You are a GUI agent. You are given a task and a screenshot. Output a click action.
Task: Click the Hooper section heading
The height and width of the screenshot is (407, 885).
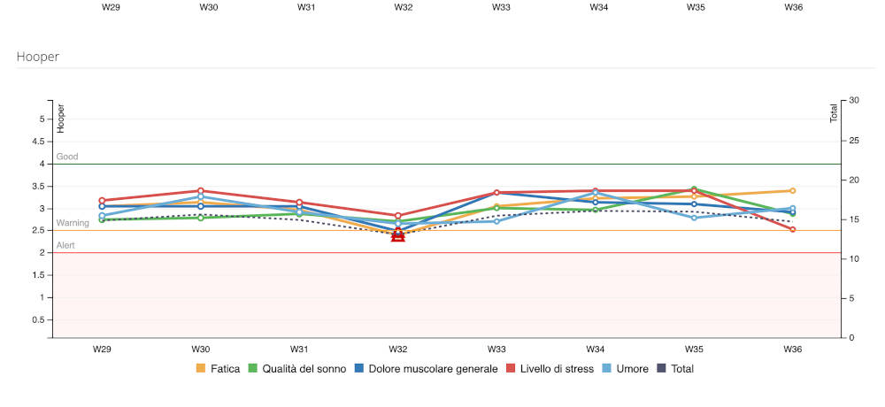pos(37,56)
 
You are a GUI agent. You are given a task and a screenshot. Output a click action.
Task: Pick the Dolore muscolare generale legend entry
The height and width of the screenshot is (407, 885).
pos(426,368)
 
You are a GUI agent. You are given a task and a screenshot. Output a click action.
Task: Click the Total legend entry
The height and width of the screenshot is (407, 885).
pos(675,368)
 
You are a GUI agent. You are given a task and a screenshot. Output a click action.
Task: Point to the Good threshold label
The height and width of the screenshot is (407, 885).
pos(67,157)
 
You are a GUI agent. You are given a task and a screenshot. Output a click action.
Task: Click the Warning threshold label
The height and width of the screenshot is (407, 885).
pos(73,223)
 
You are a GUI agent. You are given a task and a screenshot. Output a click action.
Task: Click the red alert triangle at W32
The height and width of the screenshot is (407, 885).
pos(398,235)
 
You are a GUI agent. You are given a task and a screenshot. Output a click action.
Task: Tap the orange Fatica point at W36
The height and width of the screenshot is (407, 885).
pos(792,190)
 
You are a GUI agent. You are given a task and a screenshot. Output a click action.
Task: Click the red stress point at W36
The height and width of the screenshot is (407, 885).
pos(792,229)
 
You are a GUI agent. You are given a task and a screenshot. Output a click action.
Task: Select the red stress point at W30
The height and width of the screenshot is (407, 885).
pos(201,190)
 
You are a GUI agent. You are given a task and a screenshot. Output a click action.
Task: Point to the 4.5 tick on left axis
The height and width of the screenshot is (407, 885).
pos(39,141)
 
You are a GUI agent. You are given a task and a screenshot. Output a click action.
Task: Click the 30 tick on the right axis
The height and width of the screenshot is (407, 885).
pos(854,100)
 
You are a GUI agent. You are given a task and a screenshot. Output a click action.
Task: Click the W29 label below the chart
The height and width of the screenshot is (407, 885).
pos(103,349)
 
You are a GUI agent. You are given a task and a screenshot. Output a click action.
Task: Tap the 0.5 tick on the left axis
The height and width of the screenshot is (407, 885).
pos(39,319)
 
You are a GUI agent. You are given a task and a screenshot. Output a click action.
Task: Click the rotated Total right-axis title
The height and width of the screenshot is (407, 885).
pos(834,113)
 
